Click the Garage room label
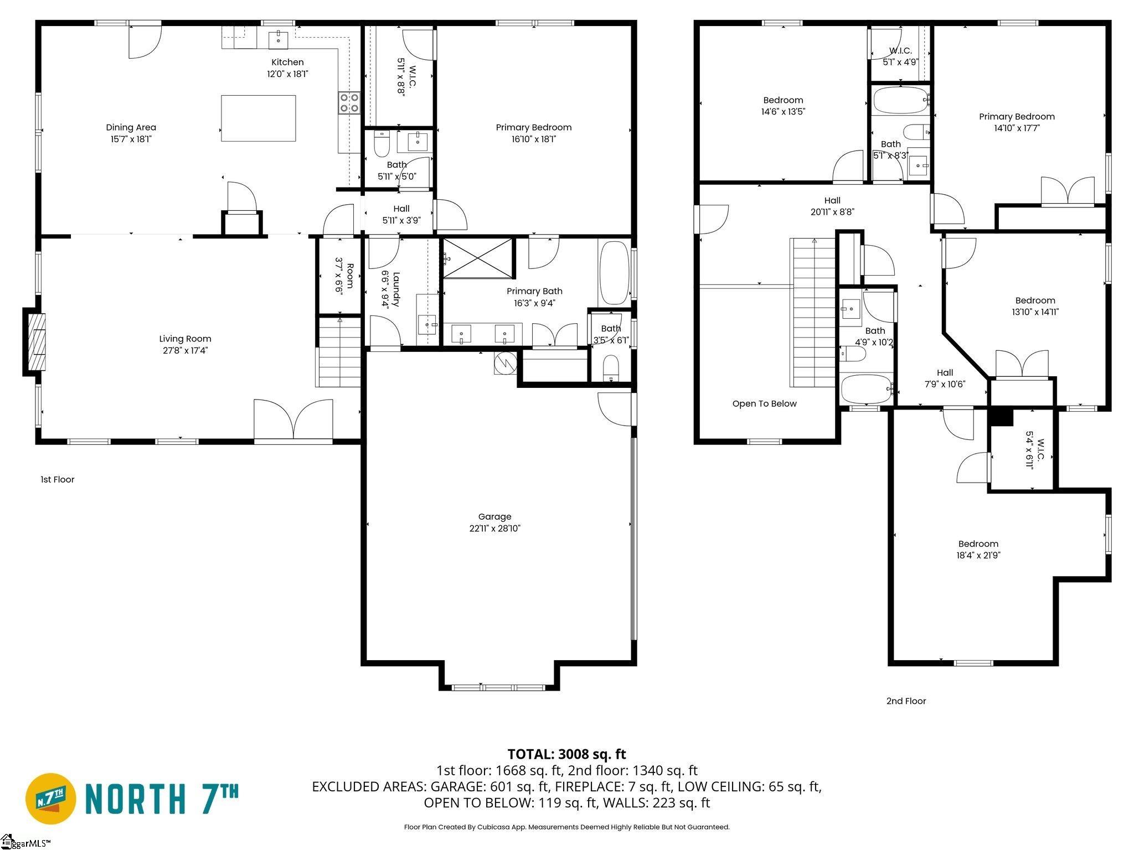pos(494,516)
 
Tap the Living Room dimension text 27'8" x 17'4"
pos(185,350)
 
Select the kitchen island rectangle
pos(258,118)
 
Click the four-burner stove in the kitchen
pos(349,102)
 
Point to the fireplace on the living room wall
pos(33,342)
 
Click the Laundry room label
pos(396,289)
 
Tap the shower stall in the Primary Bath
pos(478,258)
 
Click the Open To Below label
pos(764,403)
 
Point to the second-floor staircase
pos(814,312)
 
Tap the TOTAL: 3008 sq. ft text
pos(566,754)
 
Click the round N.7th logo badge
pos(51,799)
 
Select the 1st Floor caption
pos(57,479)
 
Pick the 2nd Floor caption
pos(906,701)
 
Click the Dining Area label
pos(131,127)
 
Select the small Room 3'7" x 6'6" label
pos(344,274)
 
